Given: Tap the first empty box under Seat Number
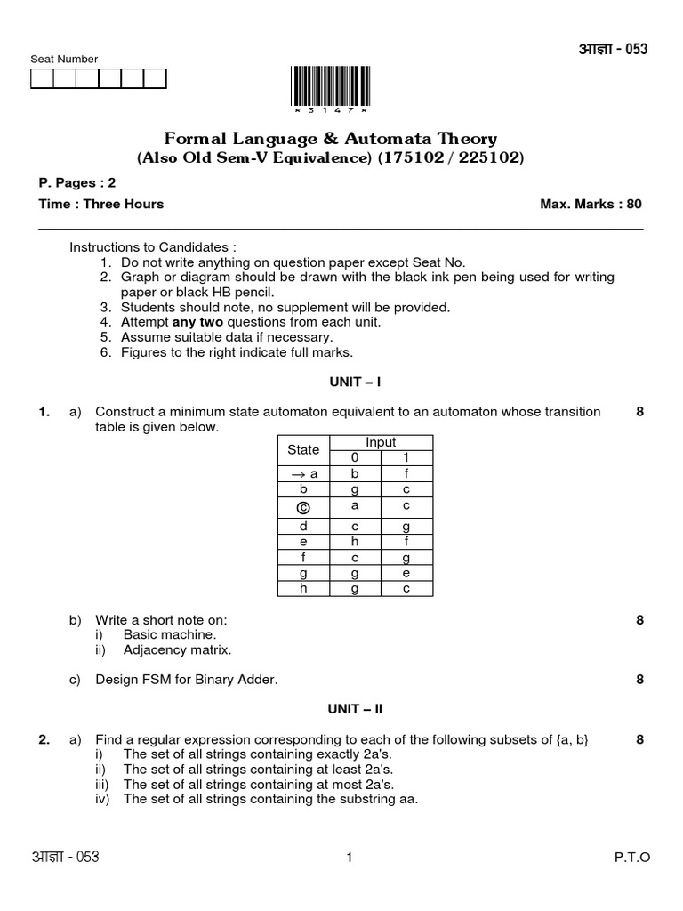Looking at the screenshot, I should coord(42,79).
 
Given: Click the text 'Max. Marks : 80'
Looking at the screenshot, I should coord(591,204).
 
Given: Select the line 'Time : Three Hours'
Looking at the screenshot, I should coord(100,204).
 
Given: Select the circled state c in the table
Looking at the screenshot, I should coord(303,507).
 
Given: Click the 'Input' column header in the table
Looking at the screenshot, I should coord(381,442).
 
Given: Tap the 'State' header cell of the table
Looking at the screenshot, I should coord(303,450).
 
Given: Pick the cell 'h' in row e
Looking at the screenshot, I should coord(355,540).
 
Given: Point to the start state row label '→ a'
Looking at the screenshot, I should coord(303,474).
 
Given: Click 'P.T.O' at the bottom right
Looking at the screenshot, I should coord(632,858).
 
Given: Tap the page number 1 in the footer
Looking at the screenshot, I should coord(350,858).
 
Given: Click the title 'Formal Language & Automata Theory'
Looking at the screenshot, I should coord(330,139).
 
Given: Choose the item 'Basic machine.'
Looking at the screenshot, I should coord(169,634).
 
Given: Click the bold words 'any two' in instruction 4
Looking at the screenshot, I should coord(197,322).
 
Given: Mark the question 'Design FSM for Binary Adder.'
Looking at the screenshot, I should coord(187,680).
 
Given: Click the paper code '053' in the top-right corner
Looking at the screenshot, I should coord(635,49).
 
